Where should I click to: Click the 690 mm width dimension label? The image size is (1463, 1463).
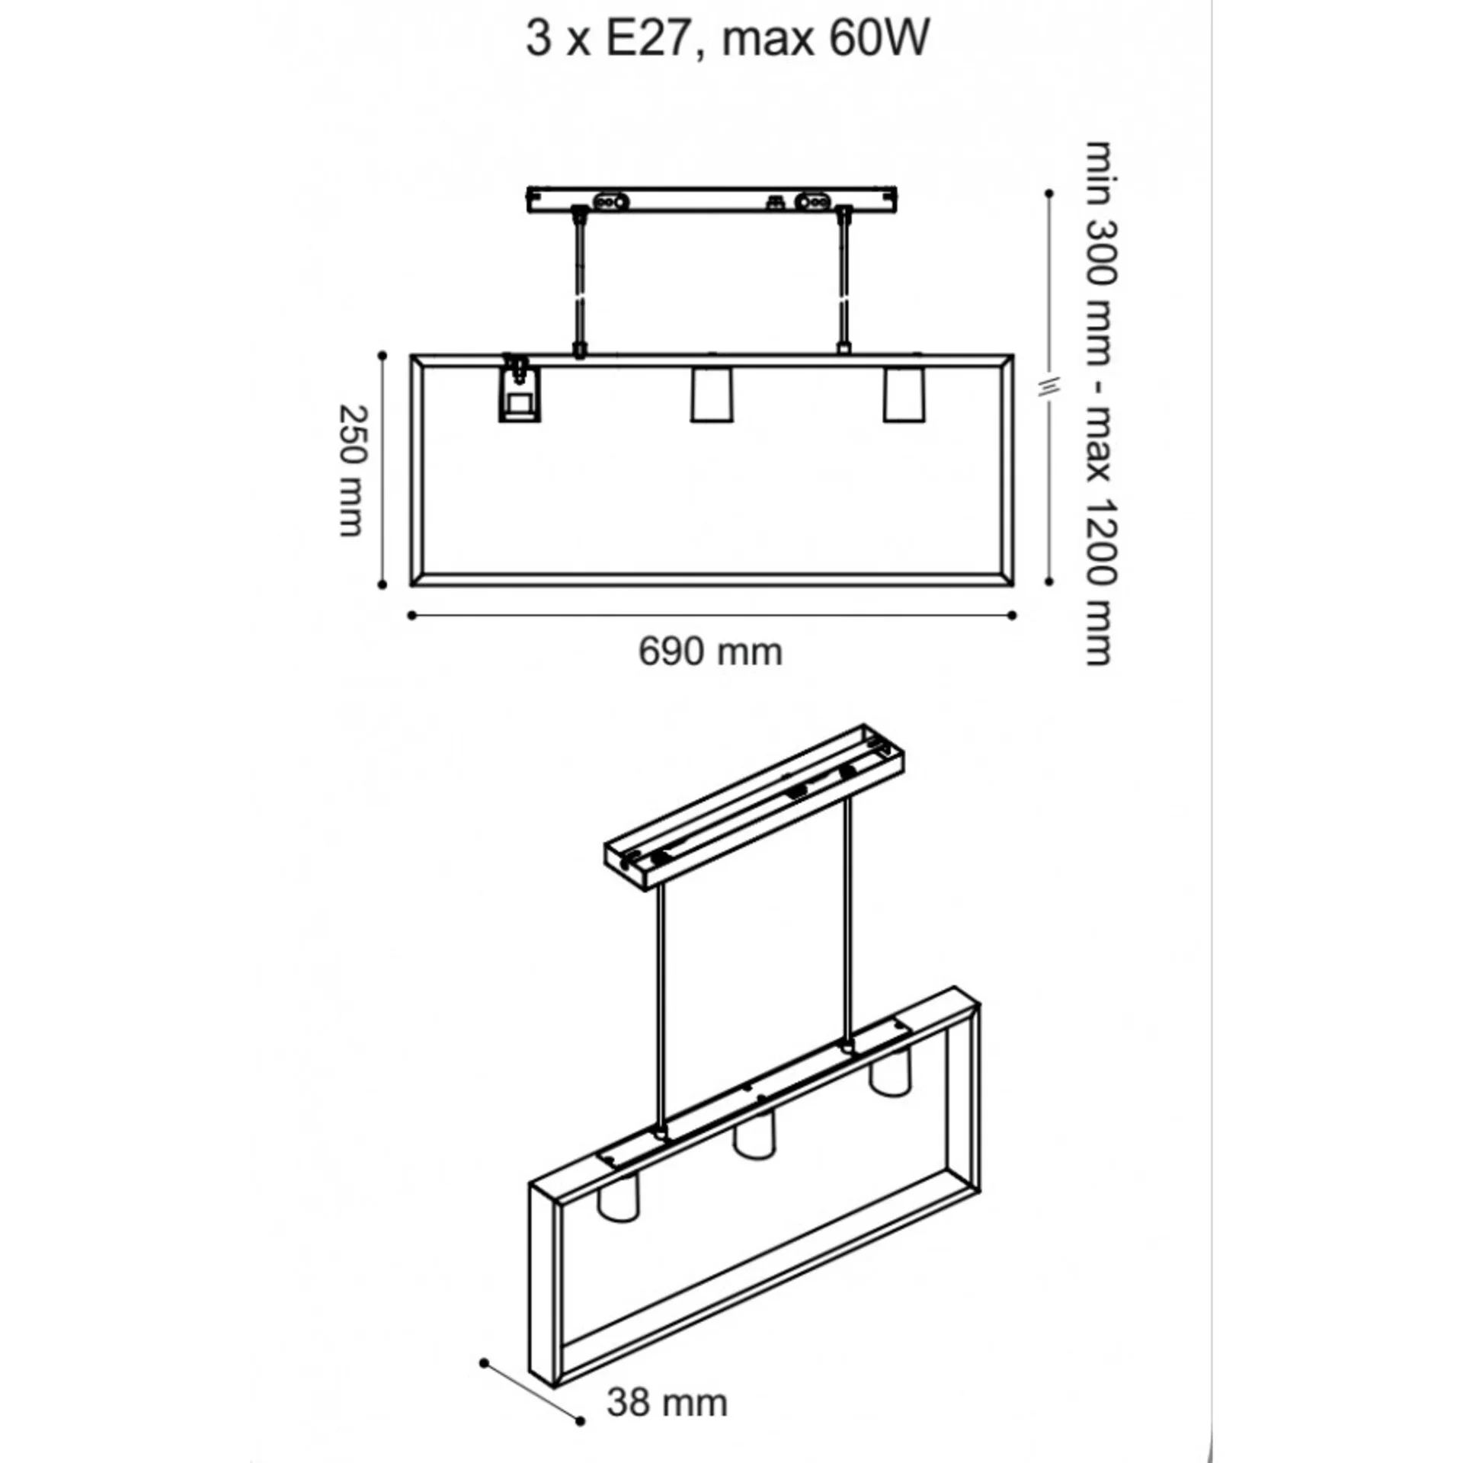point(710,652)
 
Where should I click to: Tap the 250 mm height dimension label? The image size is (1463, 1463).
point(352,471)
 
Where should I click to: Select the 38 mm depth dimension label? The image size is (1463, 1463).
point(667,1403)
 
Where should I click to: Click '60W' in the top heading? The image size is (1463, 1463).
point(879,37)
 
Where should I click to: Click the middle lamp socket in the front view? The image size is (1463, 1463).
point(712,395)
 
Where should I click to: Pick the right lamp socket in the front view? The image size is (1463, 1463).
point(904,395)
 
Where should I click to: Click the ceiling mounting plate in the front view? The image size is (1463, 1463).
point(712,200)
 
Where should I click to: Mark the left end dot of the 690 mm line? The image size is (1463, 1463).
point(411,616)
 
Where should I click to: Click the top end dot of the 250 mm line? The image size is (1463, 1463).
point(382,355)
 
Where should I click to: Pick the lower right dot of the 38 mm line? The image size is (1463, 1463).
point(581,1421)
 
